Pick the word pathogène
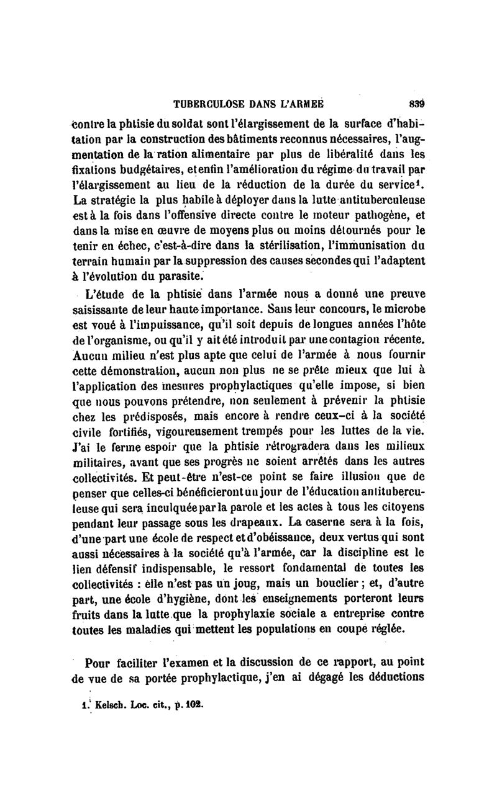pos(369,217)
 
